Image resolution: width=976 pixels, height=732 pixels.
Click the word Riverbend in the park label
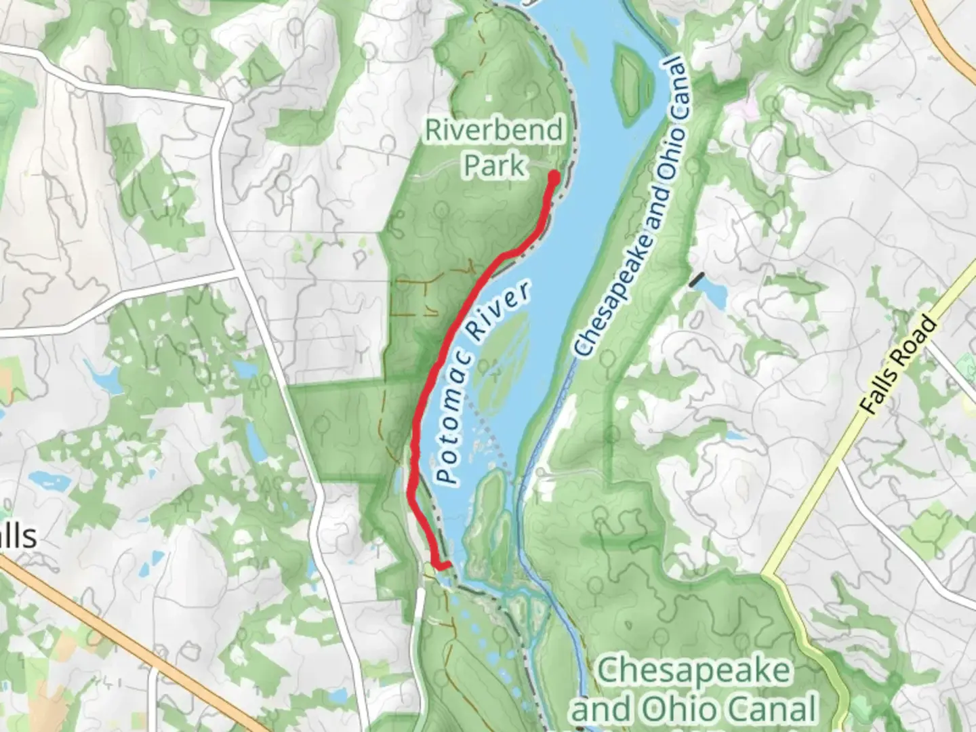click(494, 130)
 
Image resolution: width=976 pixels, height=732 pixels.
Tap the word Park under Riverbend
click(494, 165)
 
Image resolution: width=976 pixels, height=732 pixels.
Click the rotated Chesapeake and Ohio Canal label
click(631, 207)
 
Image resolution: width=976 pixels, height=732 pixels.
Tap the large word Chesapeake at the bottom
click(693, 671)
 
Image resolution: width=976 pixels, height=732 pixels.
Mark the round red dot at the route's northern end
click(553, 178)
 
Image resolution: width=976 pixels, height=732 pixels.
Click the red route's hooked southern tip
click(444, 565)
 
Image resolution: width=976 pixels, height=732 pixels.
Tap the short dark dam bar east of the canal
click(696, 279)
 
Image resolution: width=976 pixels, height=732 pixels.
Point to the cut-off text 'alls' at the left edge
click(16, 537)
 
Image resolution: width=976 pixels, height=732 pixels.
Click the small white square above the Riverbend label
click(487, 98)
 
